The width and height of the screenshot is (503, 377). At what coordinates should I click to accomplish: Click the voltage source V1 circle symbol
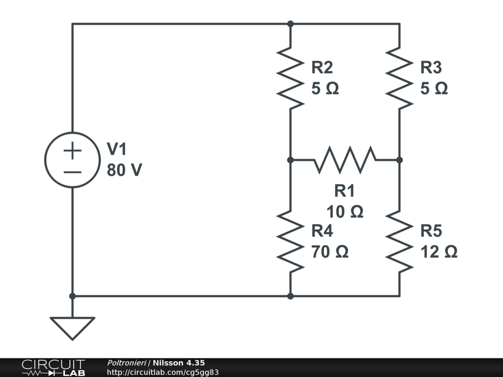pos(72,160)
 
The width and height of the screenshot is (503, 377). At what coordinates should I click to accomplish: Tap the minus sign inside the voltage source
pos(72,172)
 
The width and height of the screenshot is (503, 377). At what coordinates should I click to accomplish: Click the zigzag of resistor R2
pos(290,78)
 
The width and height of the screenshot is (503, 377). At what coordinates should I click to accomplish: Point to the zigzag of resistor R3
pos(399,78)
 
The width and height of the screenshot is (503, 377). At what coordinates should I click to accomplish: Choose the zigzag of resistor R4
pos(290,242)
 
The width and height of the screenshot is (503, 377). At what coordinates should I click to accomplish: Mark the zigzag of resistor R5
pos(399,242)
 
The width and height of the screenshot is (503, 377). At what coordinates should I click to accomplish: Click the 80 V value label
pos(124,170)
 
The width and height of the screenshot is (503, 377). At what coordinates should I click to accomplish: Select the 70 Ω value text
pos(330,252)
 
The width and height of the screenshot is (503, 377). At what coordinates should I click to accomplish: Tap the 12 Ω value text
pos(439,252)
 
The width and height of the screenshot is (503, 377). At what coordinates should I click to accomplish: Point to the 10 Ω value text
pos(345,212)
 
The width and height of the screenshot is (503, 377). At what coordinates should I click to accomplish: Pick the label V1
pos(117,149)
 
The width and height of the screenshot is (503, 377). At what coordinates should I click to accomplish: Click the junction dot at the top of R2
pos(290,24)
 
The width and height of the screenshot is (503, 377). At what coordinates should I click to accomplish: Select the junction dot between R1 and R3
pos(399,160)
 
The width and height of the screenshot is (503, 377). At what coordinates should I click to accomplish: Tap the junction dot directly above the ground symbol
pos(72,296)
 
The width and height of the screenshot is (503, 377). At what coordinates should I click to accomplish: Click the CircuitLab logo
pos(53,368)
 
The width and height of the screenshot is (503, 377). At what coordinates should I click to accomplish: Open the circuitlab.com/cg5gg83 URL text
pos(163,373)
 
